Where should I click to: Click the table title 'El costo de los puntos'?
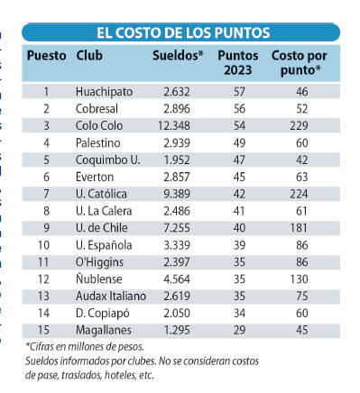coord(183,32)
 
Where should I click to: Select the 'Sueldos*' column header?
coord(178,56)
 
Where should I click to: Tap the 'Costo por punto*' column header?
coord(300,63)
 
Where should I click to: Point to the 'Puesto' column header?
coord(47,56)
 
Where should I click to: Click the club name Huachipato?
coord(104,92)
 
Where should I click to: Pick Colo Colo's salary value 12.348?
coord(174,125)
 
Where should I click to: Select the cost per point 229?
coord(299,125)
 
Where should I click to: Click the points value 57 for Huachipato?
coord(239,92)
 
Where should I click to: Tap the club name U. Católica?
coord(101,194)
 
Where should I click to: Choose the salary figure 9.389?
coord(177,194)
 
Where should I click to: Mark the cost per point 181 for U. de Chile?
coord(299,228)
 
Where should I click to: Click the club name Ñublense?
coord(99,279)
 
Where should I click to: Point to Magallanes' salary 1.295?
coord(177,330)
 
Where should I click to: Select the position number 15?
coord(43,330)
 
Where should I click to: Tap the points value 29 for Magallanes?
coord(239,330)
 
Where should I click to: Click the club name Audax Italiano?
coord(111,296)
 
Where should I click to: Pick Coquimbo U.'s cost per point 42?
coord(302,160)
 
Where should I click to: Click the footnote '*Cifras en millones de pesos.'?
coord(85,347)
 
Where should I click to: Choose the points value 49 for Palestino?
coord(239,142)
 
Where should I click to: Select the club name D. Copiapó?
coord(103,314)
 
